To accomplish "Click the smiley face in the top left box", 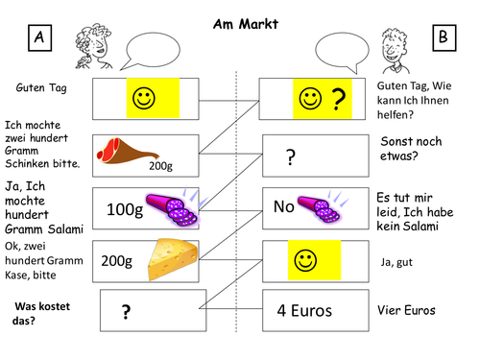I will coord(142,98).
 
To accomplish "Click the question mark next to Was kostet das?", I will coord(125,311).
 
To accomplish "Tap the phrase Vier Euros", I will coord(408,310).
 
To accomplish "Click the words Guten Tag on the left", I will coord(39,87).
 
